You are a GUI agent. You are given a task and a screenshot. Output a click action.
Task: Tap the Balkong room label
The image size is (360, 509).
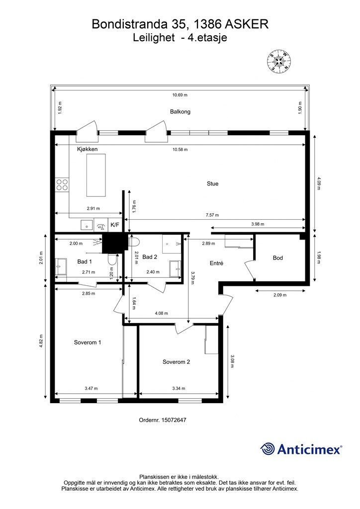[180, 112]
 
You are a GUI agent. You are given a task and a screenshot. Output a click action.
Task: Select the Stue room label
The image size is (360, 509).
[213, 183]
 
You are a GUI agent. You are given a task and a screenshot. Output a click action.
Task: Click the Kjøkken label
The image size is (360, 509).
[87, 149]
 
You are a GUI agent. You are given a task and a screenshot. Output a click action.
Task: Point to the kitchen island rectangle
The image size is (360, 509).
[96, 175]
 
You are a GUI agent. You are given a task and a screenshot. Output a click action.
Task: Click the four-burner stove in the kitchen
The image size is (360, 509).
[62, 185]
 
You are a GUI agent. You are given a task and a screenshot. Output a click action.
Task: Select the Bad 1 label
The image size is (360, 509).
[85, 261]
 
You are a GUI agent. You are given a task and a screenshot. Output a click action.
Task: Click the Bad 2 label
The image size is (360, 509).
[150, 257]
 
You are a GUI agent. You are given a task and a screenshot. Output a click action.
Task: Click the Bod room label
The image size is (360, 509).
[278, 258]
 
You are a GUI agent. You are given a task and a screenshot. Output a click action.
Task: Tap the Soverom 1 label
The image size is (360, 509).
[88, 342]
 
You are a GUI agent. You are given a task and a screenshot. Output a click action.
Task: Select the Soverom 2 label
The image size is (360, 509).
[177, 362]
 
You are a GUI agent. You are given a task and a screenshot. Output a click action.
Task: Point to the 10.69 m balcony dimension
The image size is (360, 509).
[180, 95]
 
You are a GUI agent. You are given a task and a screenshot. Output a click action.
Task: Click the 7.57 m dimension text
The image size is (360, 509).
[212, 215]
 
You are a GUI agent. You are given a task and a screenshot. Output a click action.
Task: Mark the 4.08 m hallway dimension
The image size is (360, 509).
[162, 313]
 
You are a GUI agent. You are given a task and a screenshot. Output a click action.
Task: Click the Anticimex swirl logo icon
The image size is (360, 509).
[268, 449]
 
